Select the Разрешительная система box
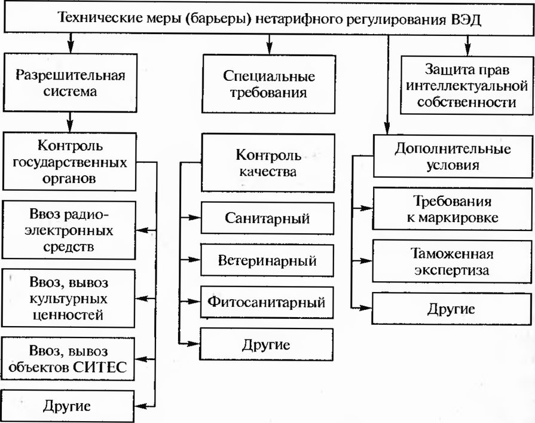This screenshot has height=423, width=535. tap(69, 83)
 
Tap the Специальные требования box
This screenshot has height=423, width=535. tap(268, 84)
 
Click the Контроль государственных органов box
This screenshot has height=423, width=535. tap(69, 161)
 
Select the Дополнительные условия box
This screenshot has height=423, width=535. tap(452, 156)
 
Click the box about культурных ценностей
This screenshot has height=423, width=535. tap(69, 297)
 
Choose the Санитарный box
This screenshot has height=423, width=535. tap(267, 218)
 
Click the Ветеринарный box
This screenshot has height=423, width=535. tap(267, 260)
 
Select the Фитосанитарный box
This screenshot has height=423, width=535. tap(267, 302)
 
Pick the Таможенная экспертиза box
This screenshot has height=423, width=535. tap(452, 261)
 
